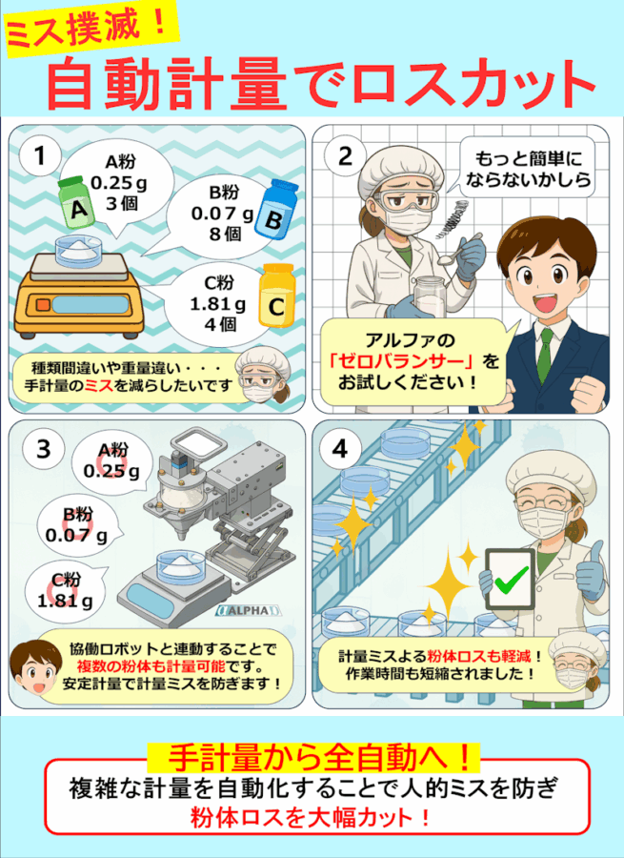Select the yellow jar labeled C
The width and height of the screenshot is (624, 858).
(277, 295)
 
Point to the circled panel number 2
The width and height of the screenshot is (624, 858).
(345, 157)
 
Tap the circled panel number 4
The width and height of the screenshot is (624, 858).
(340, 449)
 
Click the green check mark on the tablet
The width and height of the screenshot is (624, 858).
(511, 579)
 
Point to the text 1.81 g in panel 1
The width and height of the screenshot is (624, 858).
(217, 303)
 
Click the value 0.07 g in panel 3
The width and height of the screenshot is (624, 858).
(76, 536)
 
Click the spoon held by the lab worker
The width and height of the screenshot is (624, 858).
(457, 249)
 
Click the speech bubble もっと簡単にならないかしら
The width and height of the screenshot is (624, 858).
(527, 168)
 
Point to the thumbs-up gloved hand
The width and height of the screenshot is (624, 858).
(592, 569)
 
